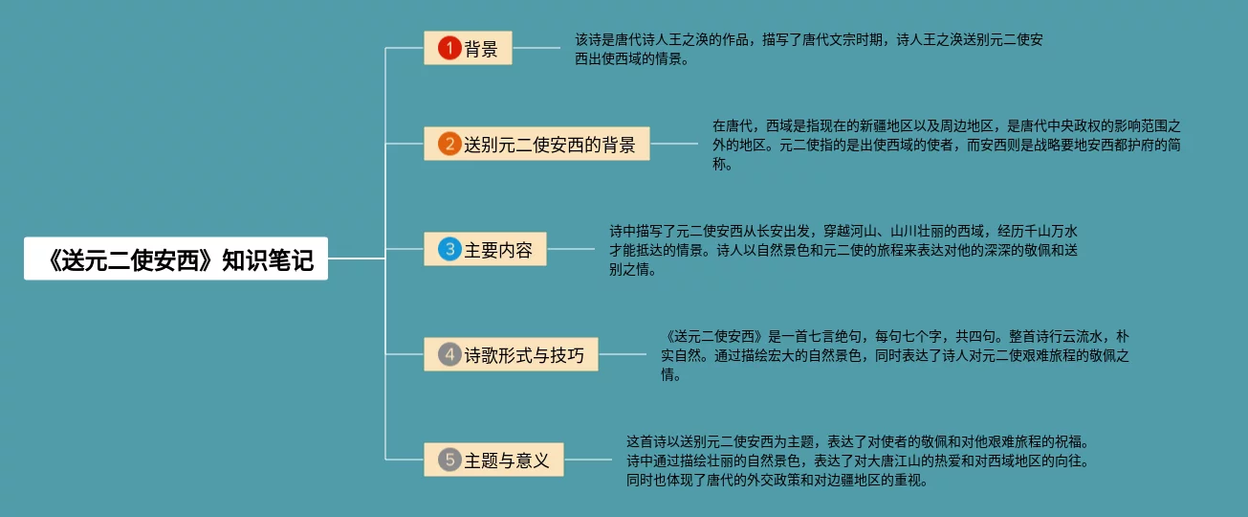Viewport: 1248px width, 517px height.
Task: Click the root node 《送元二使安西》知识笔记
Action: click(x=176, y=258)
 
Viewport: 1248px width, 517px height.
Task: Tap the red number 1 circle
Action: click(x=449, y=49)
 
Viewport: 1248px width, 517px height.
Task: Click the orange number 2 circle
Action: click(x=449, y=145)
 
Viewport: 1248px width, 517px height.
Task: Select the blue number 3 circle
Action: click(x=449, y=250)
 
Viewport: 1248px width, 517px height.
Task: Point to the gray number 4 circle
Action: click(x=449, y=355)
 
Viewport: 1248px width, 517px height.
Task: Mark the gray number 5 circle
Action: click(x=449, y=461)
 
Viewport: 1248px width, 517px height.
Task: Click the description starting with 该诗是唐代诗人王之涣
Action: click(x=808, y=50)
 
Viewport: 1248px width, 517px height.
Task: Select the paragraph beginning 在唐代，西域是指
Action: click(x=947, y=146)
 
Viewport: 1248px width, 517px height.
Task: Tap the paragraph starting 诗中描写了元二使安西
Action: click(x=843, y=250)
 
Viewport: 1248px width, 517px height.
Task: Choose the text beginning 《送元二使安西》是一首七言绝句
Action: click(x=895, y=355)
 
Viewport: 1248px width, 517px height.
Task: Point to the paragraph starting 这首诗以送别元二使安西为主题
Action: click(x=858, y=461)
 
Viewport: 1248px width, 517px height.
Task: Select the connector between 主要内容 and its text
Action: click(x=571, y=250)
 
